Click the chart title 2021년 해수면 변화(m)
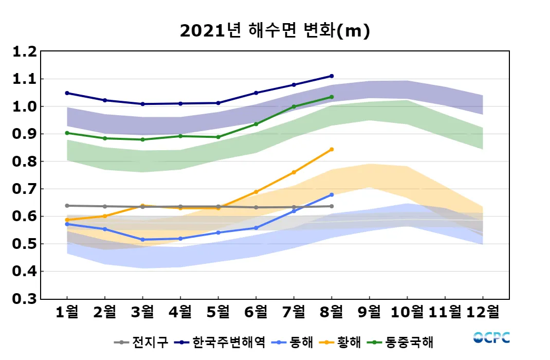click(x=275, y=31)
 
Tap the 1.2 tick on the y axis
click(x=25, y=52)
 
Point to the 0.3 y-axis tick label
click(x=25, y=299)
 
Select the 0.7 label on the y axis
click(x=25, y=189)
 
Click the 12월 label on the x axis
click(x=482, y=311)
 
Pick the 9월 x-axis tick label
click(x=369, y=311)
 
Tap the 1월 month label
click(x=67, y=311)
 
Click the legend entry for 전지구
click(x=141, y=342)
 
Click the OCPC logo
click(x=491, y=338)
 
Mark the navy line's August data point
click(x=332, y=76)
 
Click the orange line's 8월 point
click(x=332, y=149)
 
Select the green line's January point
click(x=67, y=133)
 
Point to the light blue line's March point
click(x=143, y=240)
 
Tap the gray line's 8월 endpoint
click(x=332, y=206)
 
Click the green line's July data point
click(x=294, y=107)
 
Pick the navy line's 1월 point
click(x=67, y=93)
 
